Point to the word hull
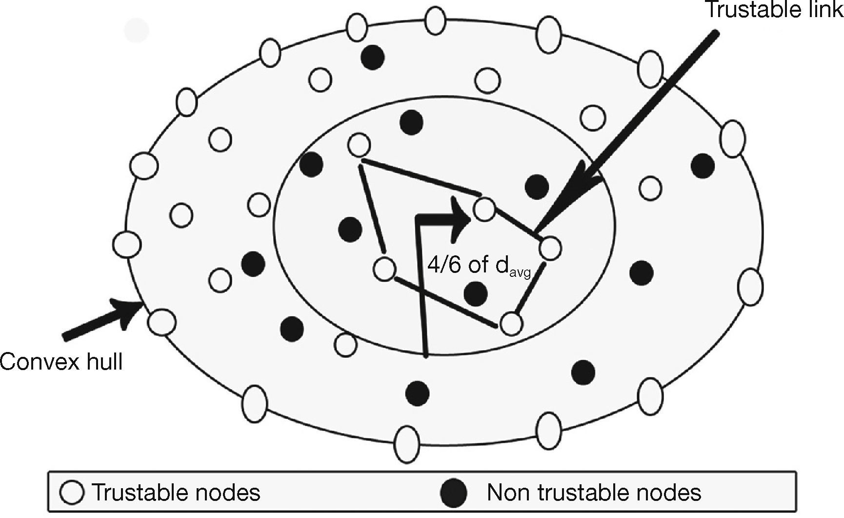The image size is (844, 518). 103,362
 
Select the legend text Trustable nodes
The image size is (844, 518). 176,492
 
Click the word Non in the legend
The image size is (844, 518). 508,492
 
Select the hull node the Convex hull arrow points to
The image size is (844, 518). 161,321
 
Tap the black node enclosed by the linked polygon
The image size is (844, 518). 476,293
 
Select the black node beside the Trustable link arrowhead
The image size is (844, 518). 537,186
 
